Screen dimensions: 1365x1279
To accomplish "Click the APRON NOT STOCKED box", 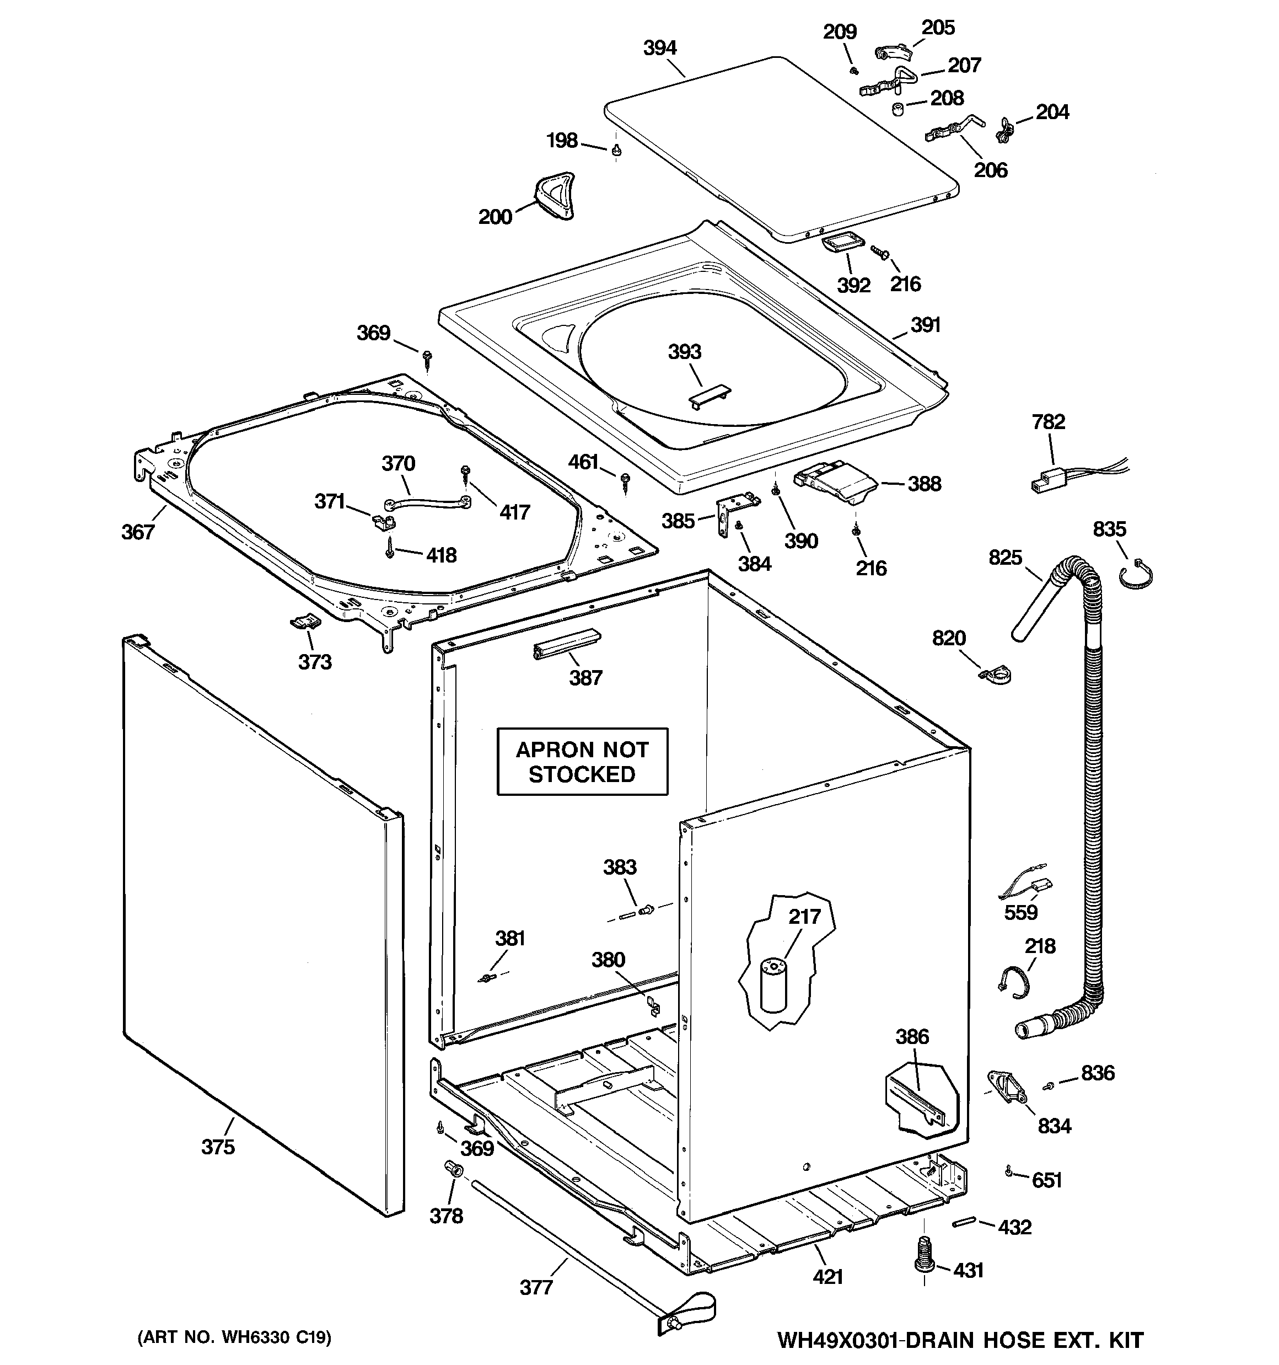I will [x=582, y=762].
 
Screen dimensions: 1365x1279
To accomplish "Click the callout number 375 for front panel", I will [x=218, y=1147].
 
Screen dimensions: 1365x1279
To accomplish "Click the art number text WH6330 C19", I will [x=235, y=1337].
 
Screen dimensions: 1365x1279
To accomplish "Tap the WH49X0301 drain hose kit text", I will [x=960, y=1340].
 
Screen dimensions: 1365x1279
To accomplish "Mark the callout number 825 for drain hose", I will [x=1005, y=558].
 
